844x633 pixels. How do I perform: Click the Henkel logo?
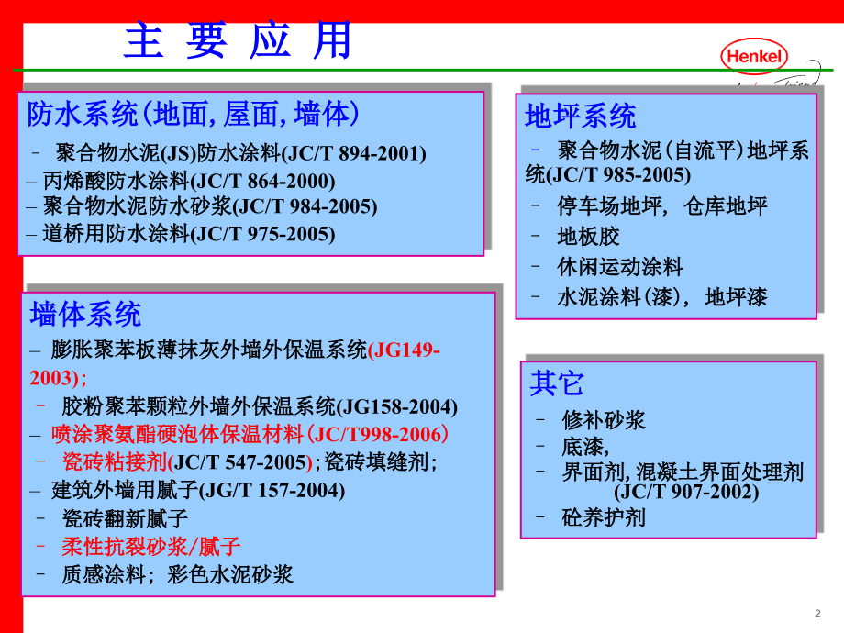pyautogui.click(x=756, y=57)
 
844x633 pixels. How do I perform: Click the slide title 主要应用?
pyautogui.click(x=238, y=41)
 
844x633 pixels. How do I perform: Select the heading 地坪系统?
pyautogui.click(x=580, y=117)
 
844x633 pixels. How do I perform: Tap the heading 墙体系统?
pyautogui.click(x=85, y=314)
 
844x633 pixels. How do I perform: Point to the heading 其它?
pyautogui.click(x=556, y=383)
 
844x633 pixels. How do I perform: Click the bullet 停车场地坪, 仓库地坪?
pyautogui.click(x=661, y=206)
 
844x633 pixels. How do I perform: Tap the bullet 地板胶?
pyautogui.click(x=588, y=237)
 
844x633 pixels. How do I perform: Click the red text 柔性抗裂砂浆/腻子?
pyautogui.click(x=150, y=547)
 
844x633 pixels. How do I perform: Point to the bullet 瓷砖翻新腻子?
pyautogui.click(x=125, y=518)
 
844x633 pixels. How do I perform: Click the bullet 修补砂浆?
pyautogui.click(x=604, y=420)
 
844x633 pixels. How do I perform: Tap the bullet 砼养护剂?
pyautogui.click(x=604, y=517)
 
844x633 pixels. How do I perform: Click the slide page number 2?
pyautogui.click(x=816, y=614)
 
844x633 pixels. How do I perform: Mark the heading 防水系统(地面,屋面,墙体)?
pyautogui.click(x=193, y=115)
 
